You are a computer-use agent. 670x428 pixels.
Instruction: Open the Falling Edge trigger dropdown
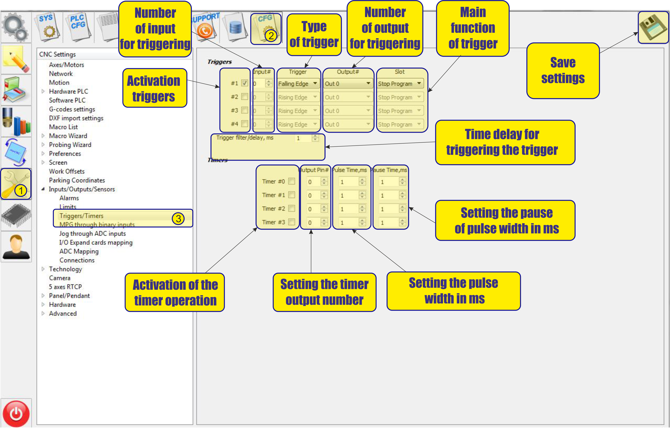(x=298, y=83)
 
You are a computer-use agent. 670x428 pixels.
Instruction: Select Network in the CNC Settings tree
(x=61, y=74)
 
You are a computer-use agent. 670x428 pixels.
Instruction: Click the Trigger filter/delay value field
(x=303, y=138)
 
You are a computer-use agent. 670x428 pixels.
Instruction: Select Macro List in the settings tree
(x=64, y=127)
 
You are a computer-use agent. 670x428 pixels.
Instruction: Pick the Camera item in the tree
(x=59, y=278)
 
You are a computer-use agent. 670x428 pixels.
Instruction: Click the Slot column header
(x=400, y=72)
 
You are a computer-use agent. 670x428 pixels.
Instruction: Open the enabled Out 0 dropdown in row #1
(x=348, y=83)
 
